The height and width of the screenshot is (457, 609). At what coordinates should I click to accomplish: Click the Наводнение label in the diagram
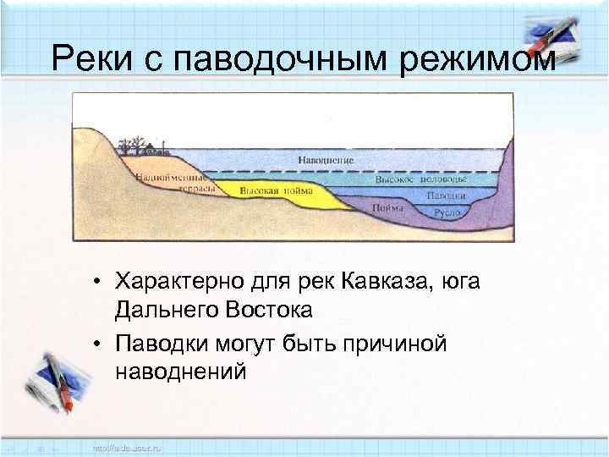point(326,160)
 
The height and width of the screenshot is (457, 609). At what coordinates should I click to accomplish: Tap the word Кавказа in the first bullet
point(389,281)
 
